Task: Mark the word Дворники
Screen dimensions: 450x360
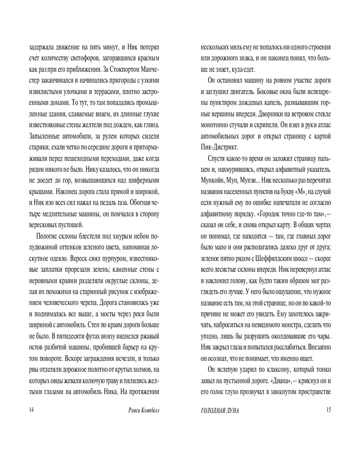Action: pos(272,113)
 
